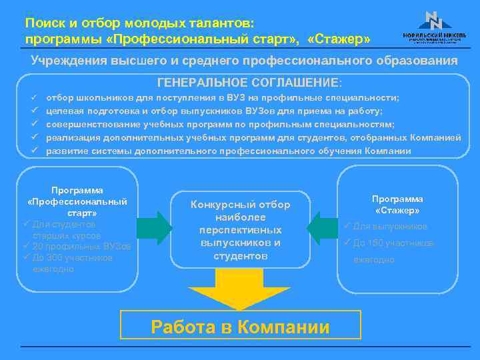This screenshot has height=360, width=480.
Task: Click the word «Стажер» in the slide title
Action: click(x=340, y=40)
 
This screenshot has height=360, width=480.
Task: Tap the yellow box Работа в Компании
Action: click(x=241, y=327)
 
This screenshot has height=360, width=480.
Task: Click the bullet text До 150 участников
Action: click(x=393, y=243)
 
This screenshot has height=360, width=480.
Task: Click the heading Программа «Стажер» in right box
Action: click(x=397, y=204)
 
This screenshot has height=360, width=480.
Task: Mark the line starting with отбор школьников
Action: click(x=223, y=97)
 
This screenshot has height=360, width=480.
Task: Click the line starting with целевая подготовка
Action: click(x=213, y=111)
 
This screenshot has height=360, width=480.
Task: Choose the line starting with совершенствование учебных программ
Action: click(x=220, y=124)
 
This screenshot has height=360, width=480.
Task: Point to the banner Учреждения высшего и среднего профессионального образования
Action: click(x=244, y=60)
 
